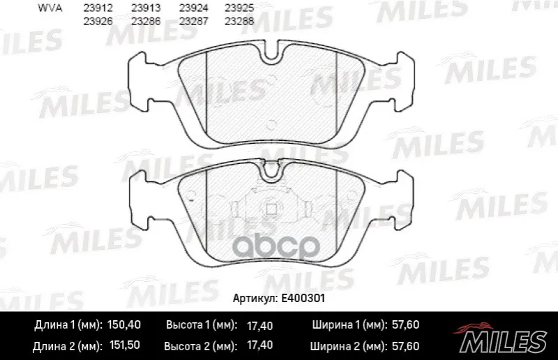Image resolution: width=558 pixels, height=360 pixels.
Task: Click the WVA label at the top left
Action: (50, 8)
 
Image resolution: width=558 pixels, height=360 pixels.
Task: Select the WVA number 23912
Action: (98, 8)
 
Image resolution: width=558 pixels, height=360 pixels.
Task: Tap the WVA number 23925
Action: (239, 8)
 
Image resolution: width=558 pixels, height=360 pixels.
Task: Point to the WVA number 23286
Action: (146, 22)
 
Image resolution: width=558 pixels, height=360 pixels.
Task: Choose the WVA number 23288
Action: (239, 22)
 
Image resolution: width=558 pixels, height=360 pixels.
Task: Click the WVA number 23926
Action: (98, 22)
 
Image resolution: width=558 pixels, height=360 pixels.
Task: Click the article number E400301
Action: (303, 298)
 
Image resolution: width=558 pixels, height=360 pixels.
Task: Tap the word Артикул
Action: (255, 299)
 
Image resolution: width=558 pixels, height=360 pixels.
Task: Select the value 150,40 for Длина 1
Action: (124, 324)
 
